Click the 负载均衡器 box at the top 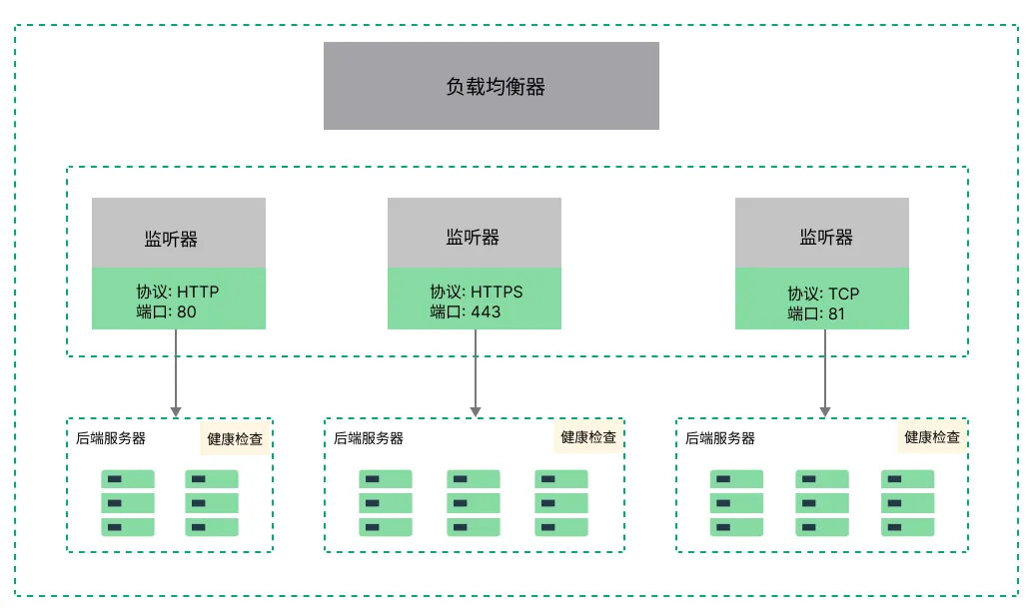[492, 86]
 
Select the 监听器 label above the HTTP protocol [171, 240]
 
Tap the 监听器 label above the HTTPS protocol [473, 238]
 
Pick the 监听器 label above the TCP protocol [826, 238]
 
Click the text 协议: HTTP [178, 293]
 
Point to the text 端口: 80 [167, 311]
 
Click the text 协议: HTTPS [477, 293]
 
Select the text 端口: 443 [466, 311]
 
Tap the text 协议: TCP [823, 294]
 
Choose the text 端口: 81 [816, 313]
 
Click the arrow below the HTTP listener [176, 372]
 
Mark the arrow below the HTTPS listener [476, 372]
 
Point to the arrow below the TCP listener [825, 372]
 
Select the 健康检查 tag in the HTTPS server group [588, 437]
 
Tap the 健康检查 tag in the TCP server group [932, 437]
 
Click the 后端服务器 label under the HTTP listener [111, 438]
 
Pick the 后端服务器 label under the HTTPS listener [369, 438]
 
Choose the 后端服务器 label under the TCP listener [720, 438]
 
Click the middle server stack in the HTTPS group [474, 503]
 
